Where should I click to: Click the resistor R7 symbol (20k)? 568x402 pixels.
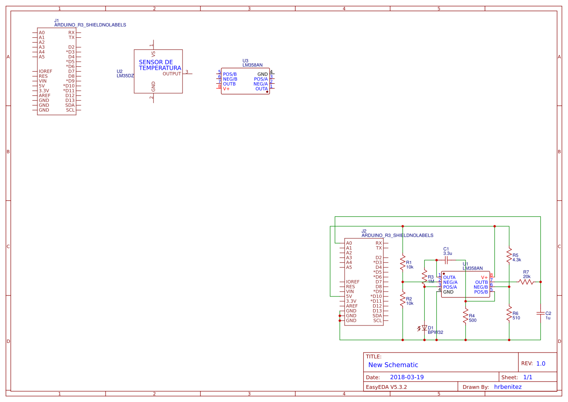click(525, 282)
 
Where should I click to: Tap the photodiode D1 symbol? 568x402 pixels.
click(424, 328)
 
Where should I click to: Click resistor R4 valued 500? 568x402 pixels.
click(465, 318)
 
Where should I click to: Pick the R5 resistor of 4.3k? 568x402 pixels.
click(509, 255)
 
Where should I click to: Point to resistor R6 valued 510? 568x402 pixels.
click(509, 313)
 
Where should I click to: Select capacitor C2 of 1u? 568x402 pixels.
click(540, 313)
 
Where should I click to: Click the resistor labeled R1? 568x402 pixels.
click(403, 263)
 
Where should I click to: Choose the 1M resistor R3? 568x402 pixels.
click(424, 279)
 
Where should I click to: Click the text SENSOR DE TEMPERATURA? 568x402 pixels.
click(160, 65)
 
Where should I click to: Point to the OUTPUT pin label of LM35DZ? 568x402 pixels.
click(171, 74)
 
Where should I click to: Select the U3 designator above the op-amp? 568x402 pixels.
click(245, 60)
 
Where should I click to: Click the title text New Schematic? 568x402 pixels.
click(393, 365)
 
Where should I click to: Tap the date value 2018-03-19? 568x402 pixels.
click(407, 377)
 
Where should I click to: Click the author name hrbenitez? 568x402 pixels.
click(508, 387)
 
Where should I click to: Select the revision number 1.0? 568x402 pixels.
click(540, 364)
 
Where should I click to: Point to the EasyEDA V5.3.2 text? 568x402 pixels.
click(386, 387)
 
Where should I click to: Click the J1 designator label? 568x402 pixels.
click(57, 20)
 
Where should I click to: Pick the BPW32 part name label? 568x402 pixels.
click(435, 332)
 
